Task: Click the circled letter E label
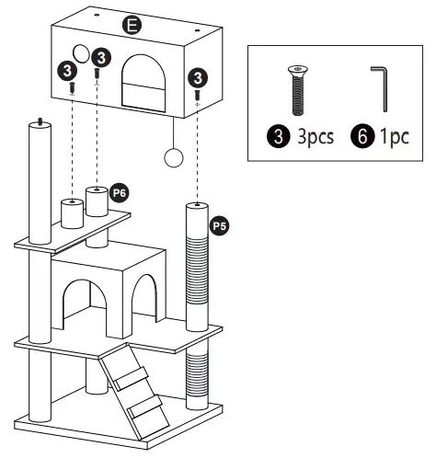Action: click(132, 25)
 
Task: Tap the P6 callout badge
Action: click(120, 193)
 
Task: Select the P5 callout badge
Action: click(220, 226)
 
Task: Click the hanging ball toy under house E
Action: click(174, 158)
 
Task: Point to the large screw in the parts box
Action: click(298, 91)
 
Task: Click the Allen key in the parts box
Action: click(381, 88)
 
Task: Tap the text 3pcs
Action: click(316, 137)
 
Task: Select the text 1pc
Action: click(395, 137)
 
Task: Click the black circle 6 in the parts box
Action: click(362, 136)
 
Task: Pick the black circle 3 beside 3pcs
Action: click(279, 136)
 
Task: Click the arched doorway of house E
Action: click(143, 82)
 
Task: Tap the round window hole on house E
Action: click(81, 53)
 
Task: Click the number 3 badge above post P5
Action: click(198, 77)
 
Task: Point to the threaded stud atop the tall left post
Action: click(40, 121)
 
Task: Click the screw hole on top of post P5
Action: click(197, 204)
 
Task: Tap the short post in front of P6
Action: click(72, 213)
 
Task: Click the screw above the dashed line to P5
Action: click(198, 95)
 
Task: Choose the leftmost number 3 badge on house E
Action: click(67, 71)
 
